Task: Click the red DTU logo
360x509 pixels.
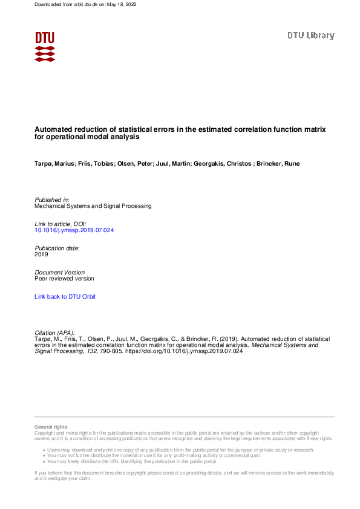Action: tap(45, 46)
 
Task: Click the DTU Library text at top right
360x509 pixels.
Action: tap(310, 36)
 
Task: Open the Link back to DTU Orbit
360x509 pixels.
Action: tap(65, 297)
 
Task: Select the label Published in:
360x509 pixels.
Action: tap(52, 199)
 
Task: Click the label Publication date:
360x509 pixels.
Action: tap(57, 248)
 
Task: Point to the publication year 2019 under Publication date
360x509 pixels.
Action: tap(42, 254)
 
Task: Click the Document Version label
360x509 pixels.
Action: tap(60, 273)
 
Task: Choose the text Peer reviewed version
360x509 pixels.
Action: tap(64, 279)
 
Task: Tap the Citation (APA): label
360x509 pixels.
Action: tap(55, 332)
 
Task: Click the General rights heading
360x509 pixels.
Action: tap(51, 427)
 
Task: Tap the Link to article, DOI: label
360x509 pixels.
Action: tap(61, 224)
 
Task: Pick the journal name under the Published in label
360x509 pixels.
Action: tap(93, 206)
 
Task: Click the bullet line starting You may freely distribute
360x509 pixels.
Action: tap(133, 461)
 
